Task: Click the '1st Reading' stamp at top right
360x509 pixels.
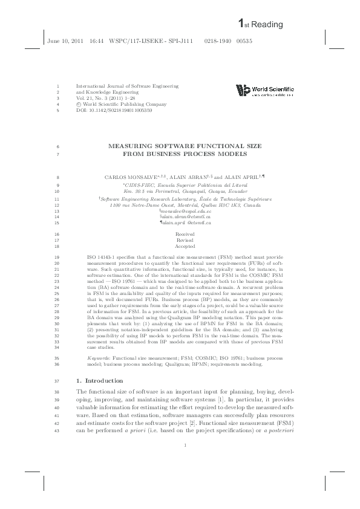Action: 266,23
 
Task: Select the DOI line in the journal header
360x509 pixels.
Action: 113,111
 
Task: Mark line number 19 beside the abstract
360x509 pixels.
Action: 57,257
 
